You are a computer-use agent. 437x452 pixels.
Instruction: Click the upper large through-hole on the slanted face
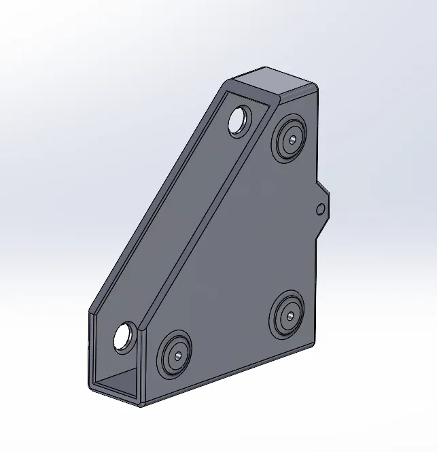[x=239, y=121]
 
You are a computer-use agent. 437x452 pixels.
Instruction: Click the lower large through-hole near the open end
[x=124, y=337]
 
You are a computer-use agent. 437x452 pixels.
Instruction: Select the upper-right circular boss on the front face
[x=290, y=139]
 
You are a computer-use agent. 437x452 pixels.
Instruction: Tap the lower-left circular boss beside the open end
[x=175, y=354]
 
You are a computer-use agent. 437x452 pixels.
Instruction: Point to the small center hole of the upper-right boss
[x=291, y=139]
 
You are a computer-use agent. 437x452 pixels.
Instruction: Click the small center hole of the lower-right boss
[x=288, y=315]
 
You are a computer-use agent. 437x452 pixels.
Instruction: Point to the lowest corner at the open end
[x=140, y=404]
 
